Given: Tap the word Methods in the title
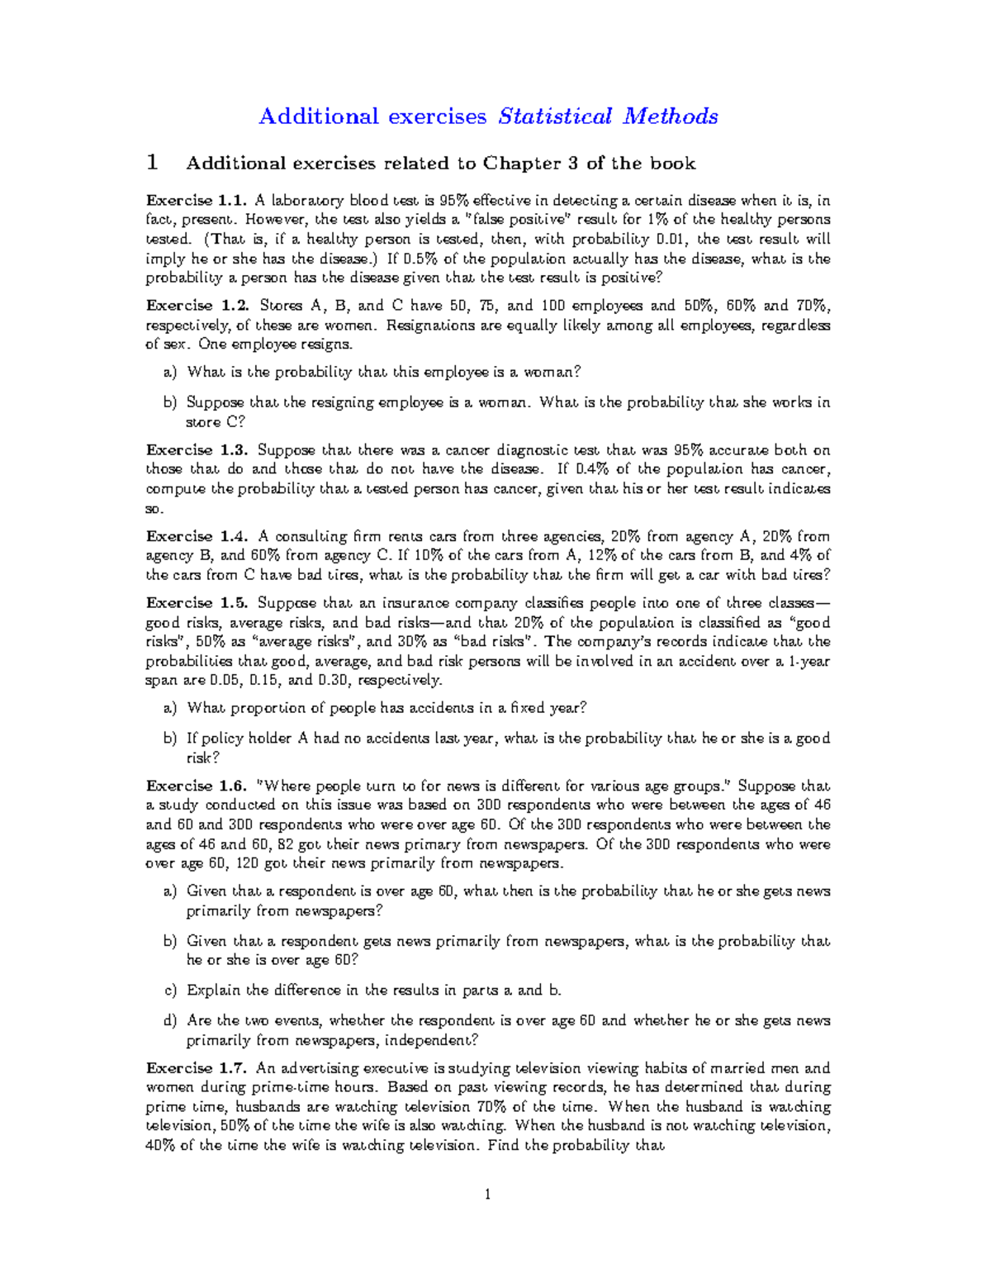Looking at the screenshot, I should point(671,116).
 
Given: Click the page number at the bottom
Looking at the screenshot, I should point(488,1194).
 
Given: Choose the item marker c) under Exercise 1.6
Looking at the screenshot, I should point(170,991).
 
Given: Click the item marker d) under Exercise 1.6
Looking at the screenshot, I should point(170,1021).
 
